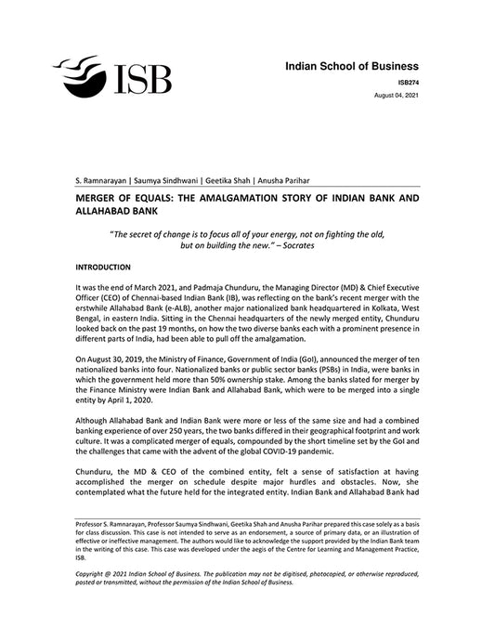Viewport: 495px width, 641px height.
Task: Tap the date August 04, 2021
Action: (x=397, y=96)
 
